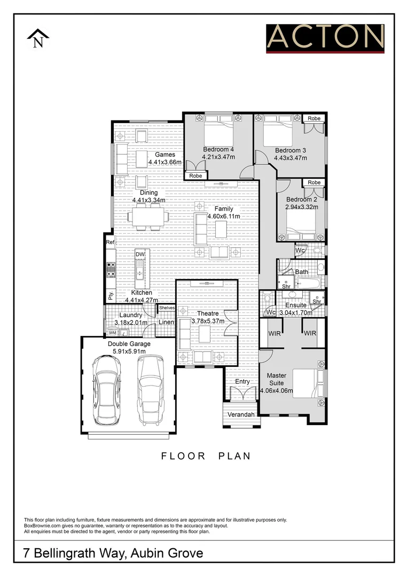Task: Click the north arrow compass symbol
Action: (x=38, y=39)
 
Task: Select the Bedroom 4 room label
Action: (x=218, y=149)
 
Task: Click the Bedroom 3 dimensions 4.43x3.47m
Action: (x=291, y=158)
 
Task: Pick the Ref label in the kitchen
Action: (x=110, y=242)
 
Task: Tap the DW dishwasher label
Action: (x=140, y=255)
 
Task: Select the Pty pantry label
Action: (x=111, y=295)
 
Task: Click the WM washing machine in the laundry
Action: (x=113, y=333)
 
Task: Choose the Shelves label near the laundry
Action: (x=167, y=308)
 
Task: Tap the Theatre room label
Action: (x=208, y=314)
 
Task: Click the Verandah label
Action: (x=241, y=414)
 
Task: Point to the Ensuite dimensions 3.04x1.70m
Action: (x=296, y=313)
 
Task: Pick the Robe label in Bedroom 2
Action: (x=314, y=182)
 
